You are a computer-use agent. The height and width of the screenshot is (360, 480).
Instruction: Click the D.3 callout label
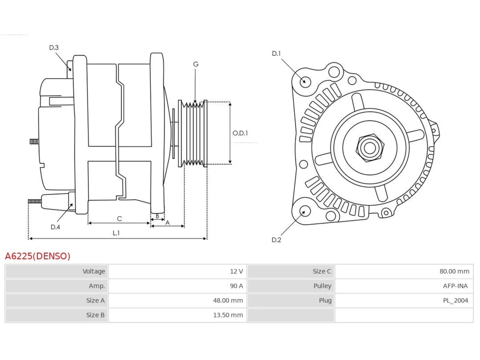pyautogui.click(x=54, y=47)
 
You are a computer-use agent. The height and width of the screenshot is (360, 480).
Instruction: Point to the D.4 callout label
pyautogui.click(x=55, y=227)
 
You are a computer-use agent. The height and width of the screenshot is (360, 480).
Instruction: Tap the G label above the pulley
pyautogui.click(x=196, y=64)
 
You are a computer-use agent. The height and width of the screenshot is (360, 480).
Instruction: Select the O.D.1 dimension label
pyautogui.click(x=240, y=133)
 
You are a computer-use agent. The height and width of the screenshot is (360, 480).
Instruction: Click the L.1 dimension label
pyautogui.click(x=116, y=233)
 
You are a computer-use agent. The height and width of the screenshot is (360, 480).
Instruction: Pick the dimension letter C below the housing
pyautogui.click(x=119, y=219)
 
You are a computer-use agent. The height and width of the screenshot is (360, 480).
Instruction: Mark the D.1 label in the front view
pyautogui.click(x=276, y=54)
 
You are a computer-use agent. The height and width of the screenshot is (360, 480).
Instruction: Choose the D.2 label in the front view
pyautogui.click(x=276, y=240)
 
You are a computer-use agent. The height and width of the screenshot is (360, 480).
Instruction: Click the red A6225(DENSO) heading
pyautogui.click(x=37, y=256)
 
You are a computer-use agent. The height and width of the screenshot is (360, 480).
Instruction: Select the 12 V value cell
pyautogui.click(x=236, y=271)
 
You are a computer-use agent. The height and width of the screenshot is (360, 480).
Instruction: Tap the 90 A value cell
pyautogui.click(x=236, y=286)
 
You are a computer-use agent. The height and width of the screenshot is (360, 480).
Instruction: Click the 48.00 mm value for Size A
pyautogui.click(x=228, y=300)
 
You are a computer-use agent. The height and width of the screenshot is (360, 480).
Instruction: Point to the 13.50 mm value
pyautogui.click(x=228, y=315)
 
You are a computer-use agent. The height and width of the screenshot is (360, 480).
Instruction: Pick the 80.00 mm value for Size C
pyautogui.click(x=454, y=271)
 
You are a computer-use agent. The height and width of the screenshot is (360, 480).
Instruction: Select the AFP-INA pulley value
pyautogui.click(x=455, y=286)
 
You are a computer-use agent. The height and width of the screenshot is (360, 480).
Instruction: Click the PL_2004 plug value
pyautogui.click(x=456, y=300)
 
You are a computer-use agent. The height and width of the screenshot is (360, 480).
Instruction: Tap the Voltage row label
pyautogui.click(x=94, y=271)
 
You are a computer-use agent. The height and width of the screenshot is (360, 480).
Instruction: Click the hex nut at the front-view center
pyautogui.click(x=369, y=148)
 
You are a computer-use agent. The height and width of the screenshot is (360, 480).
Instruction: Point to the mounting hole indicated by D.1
pyautogui.click(x=305, y=82)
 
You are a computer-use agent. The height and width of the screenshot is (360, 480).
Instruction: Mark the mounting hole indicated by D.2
pyautogui.click(x=304, y=211)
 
